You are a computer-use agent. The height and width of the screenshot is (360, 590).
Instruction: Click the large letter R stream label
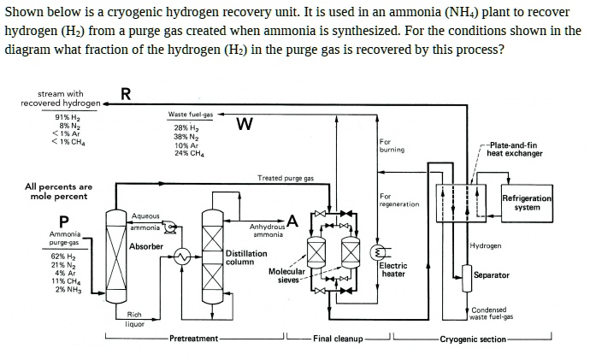pos(126,95)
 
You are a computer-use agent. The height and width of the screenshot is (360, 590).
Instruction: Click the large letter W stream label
pos(245,125)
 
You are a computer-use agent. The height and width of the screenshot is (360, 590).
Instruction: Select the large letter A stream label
pos(292,222)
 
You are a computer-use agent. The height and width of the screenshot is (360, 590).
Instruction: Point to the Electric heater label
pos(393,270)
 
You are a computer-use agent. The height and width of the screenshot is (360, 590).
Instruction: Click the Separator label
pos(492,275)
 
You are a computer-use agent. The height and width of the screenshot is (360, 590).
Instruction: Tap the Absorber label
pos(145,246)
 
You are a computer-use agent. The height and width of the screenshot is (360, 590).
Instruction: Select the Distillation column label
pos(247,257)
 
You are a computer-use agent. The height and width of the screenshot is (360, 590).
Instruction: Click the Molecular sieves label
pos(286,275)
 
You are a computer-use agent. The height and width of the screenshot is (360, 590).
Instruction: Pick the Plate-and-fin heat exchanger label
pos(515,150)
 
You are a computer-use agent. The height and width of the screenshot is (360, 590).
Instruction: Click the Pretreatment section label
pos(193,339)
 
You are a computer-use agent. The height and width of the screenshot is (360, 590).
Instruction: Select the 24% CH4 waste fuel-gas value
pos(187,154)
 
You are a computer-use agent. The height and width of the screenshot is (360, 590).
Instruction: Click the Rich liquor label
pos(135,319)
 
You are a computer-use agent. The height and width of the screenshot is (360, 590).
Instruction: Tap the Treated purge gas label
pos(286,178)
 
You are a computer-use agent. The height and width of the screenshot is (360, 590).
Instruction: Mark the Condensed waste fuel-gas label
pos(491,313)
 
